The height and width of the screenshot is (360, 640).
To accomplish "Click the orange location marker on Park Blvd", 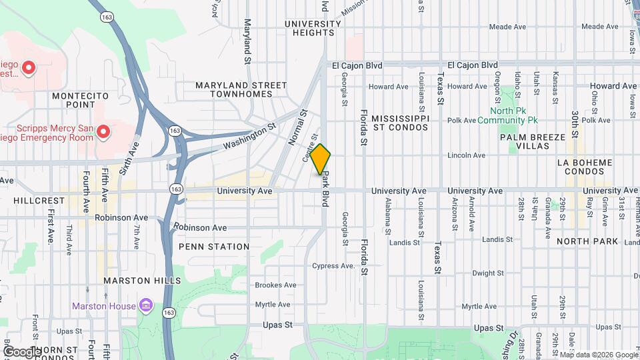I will click(321, 160).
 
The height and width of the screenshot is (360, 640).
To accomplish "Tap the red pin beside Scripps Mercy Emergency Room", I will click(103, 132).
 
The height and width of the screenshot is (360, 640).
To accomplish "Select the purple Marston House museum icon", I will click(147, 306).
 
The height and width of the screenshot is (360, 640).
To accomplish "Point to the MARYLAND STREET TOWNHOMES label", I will click(241, 90).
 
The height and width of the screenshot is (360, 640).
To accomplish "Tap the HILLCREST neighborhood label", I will click(33, 199).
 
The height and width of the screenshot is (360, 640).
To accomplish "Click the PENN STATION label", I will click(214, 247).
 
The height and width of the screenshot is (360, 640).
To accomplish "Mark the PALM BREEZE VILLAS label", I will click(533, 141).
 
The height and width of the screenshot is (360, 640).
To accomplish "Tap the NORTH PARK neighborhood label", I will click(587, 241).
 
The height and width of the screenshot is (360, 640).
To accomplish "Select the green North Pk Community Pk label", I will click(513, 116).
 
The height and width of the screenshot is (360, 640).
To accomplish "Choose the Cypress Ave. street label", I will click(334, 266).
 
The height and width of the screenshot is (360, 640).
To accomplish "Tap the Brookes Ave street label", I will click(275, 285).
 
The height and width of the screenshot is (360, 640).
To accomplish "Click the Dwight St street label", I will click(487, 273).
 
